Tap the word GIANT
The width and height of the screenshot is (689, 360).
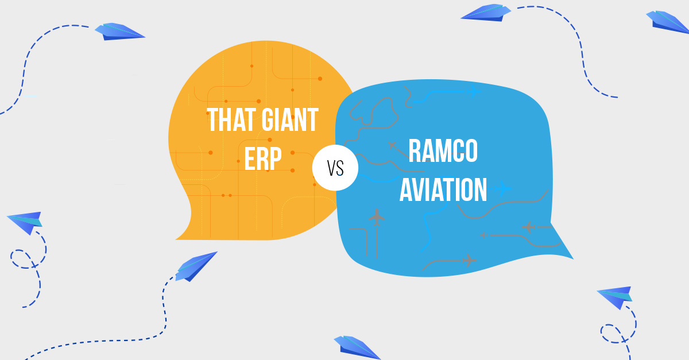(289, 120)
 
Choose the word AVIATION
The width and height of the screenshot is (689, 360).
(443, 189)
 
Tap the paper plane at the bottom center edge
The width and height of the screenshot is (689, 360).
(356, 347)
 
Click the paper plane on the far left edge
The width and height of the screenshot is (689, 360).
(25, 222)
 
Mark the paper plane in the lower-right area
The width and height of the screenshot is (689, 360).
(615, 296)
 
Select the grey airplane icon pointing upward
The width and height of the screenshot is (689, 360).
(377, 217)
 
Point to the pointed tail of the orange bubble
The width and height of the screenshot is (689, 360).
(179, 236)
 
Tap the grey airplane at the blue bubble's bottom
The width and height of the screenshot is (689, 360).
(469, 260)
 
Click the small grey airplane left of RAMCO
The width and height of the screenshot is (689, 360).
(392, 145)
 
